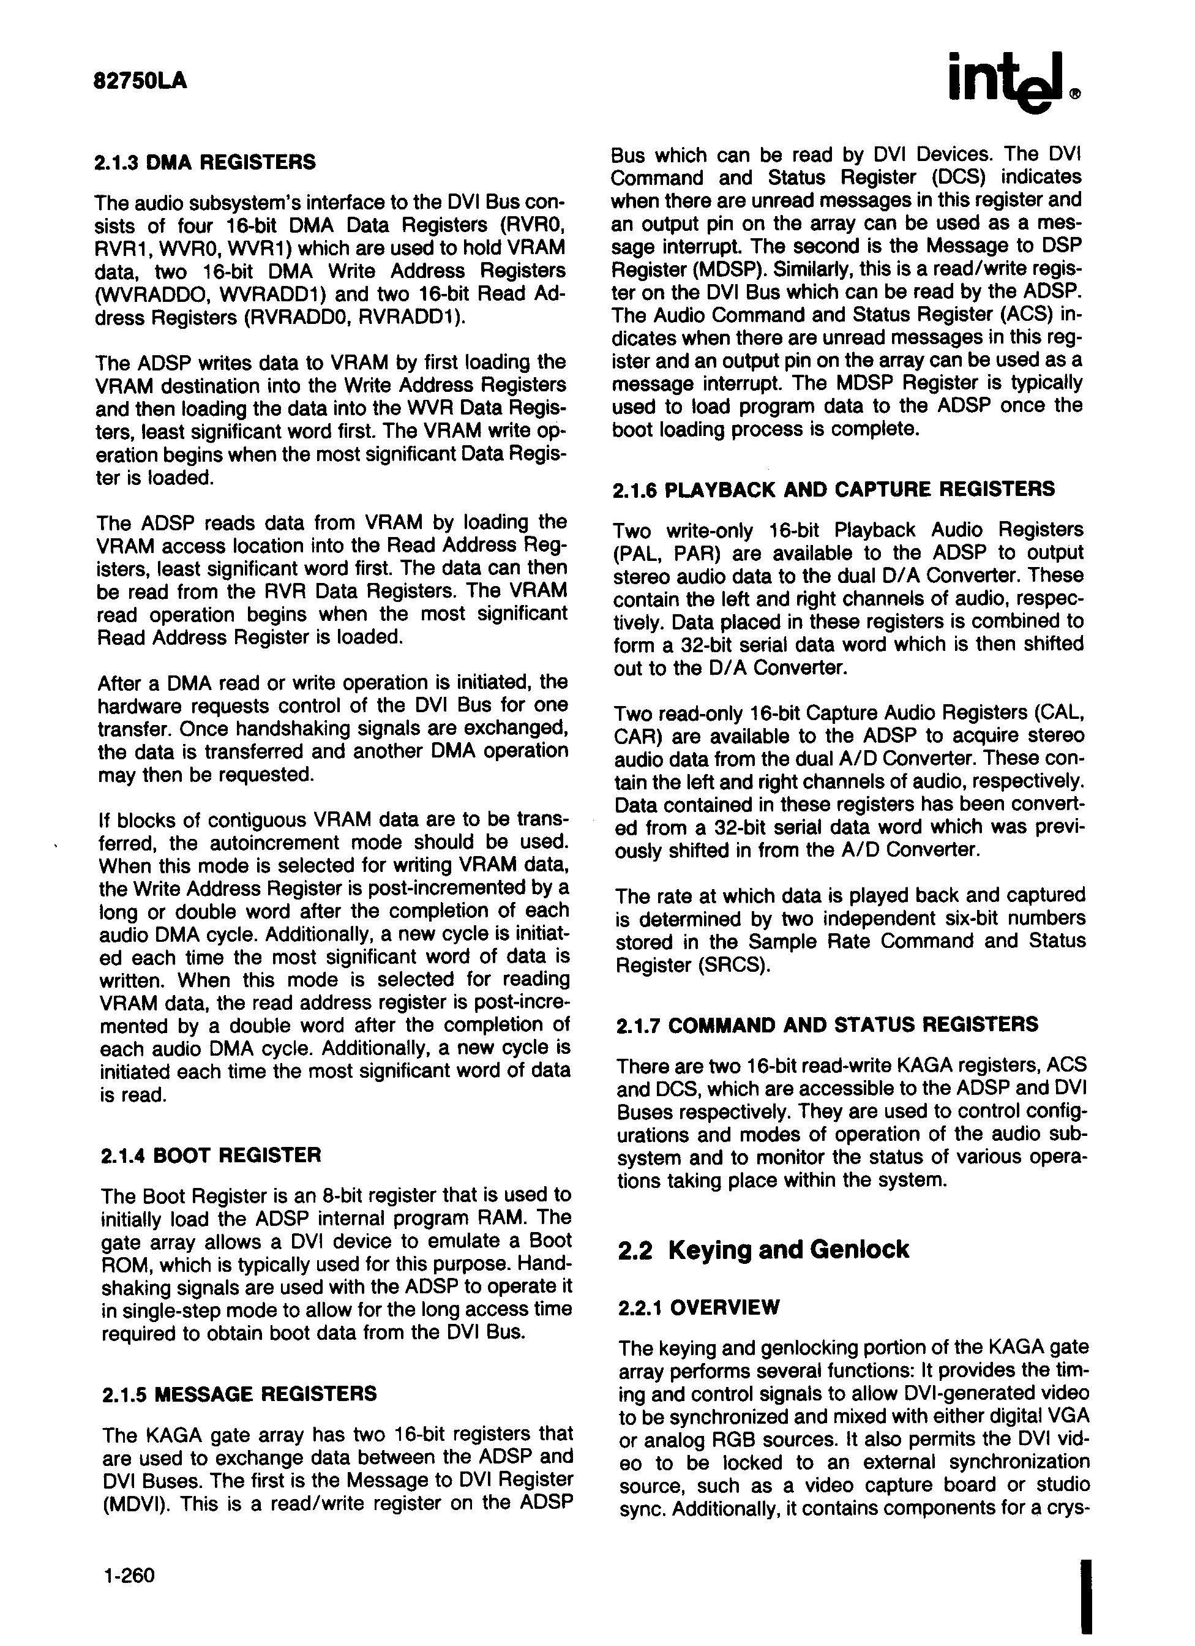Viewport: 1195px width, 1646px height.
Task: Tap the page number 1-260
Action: (x=129, y=1575)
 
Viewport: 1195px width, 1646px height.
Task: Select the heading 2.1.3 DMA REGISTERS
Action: (x=205, y=162)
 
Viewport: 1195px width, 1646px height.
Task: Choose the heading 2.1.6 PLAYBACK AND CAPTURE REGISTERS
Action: (x=834, y=489)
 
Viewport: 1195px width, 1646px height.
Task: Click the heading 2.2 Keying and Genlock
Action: (x=763, y=1249)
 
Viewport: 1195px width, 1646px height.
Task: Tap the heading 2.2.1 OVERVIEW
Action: (x=699, y=1307)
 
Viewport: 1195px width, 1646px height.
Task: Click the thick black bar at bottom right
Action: (x=1086, y=1586)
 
